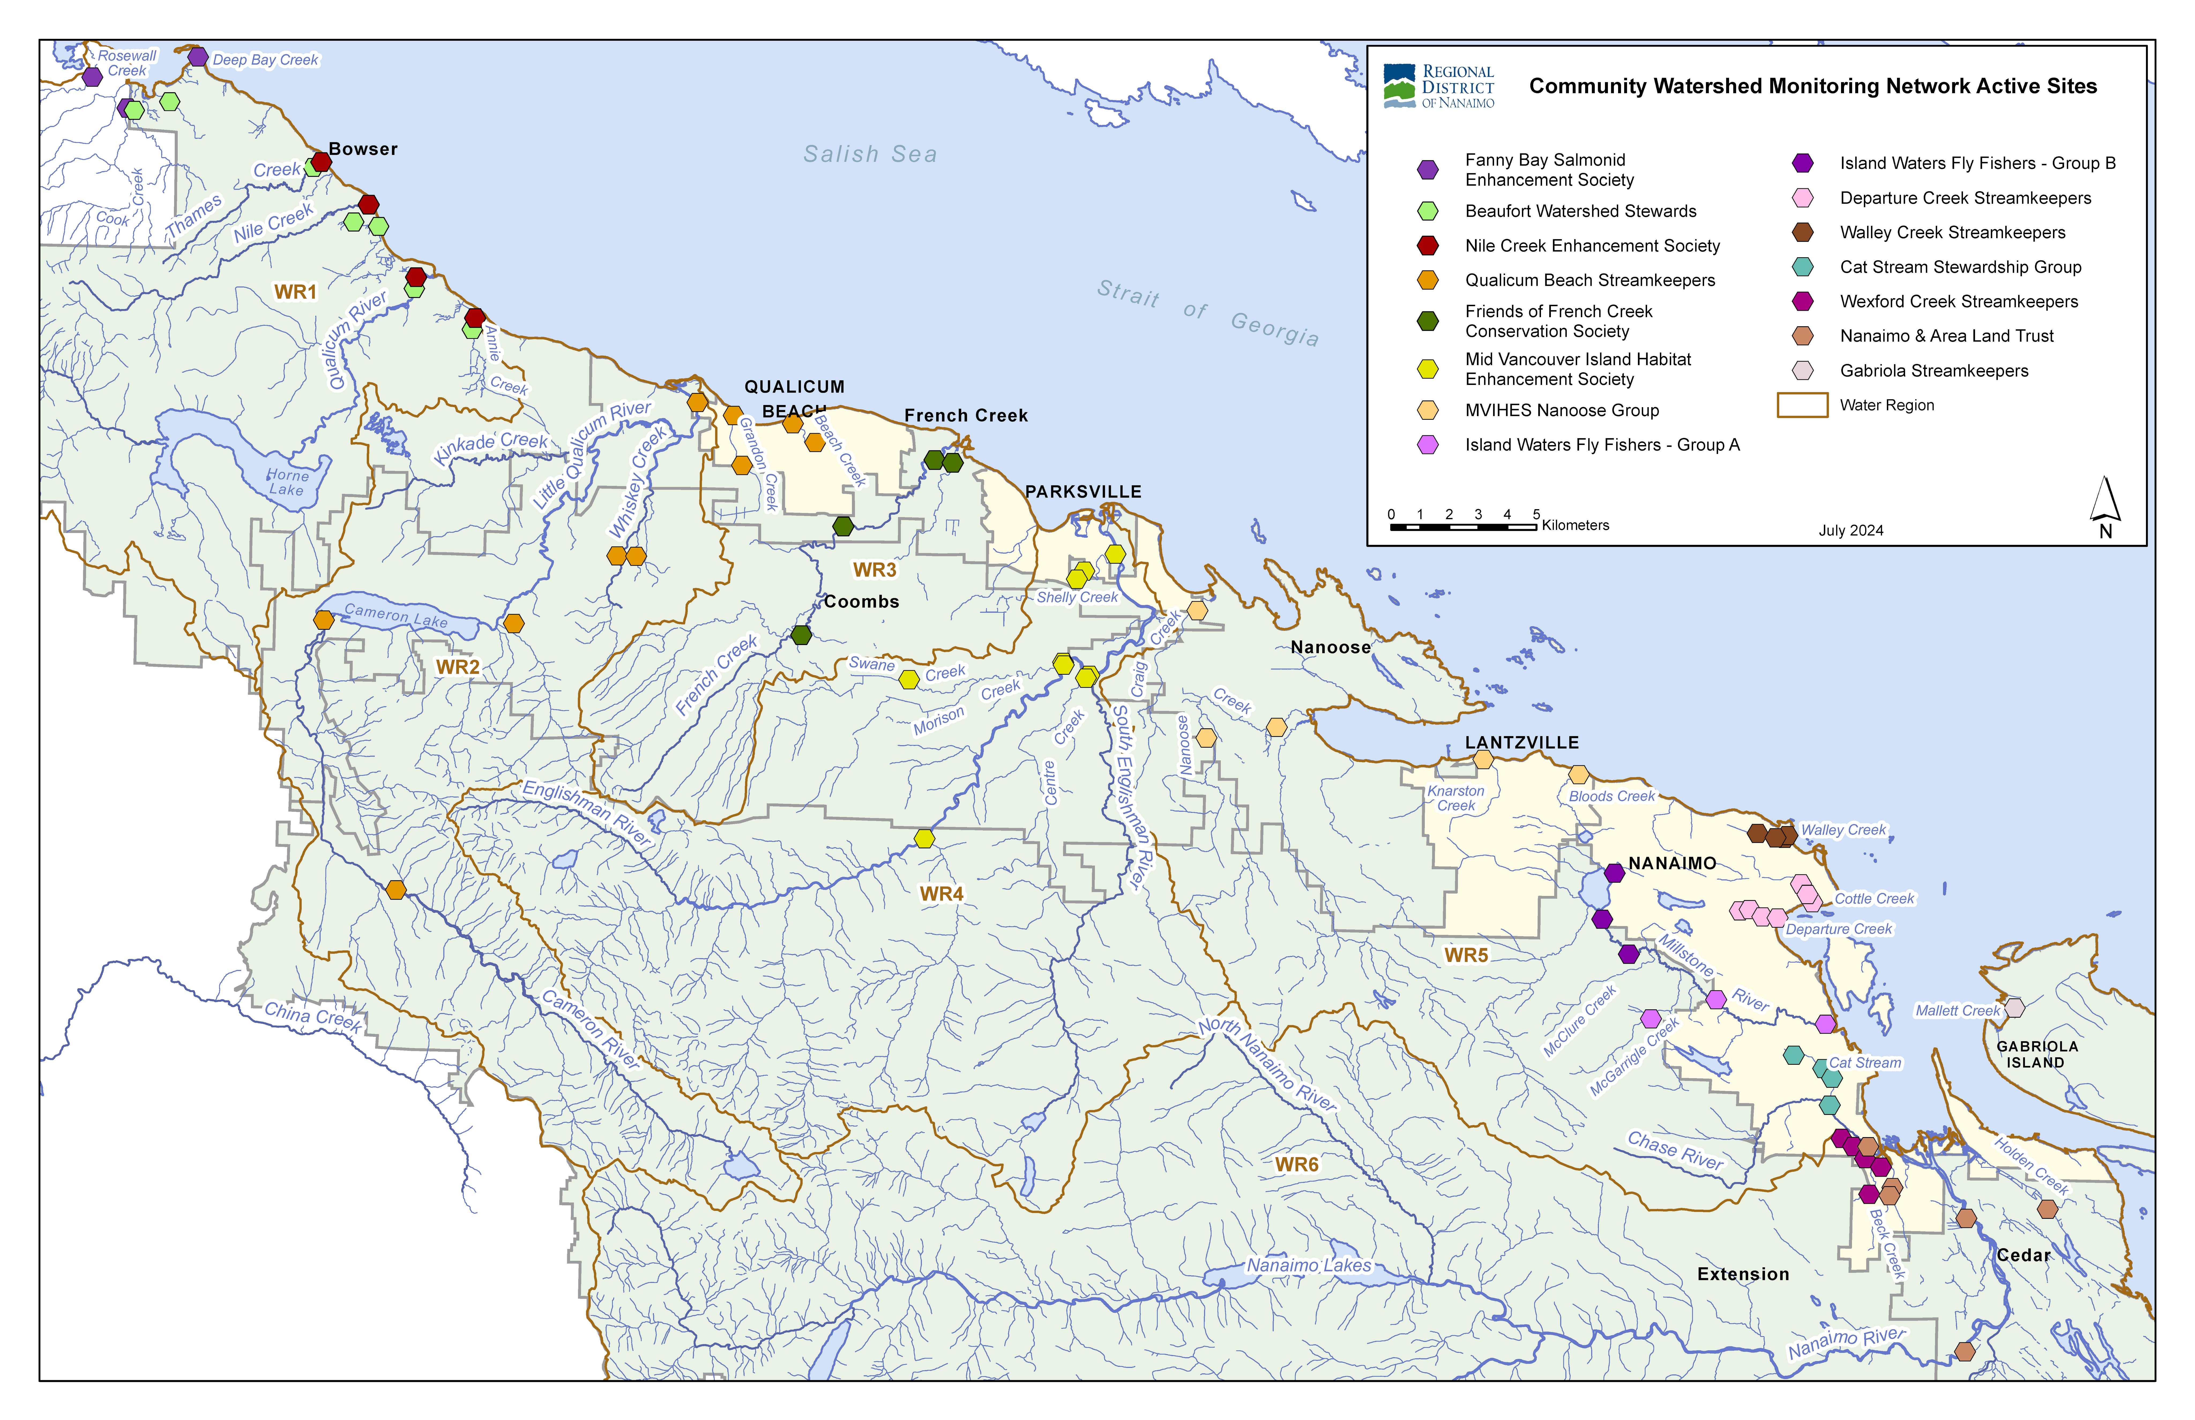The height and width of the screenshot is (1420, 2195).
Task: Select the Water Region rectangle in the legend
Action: pos(1802,405)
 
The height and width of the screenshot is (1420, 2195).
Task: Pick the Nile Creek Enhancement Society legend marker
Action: pos(1428,245)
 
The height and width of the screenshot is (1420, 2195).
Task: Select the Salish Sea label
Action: pos(870,154)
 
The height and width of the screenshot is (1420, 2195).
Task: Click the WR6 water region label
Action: pos(1297,1165)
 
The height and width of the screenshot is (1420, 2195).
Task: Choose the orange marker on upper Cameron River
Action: pos(396,890)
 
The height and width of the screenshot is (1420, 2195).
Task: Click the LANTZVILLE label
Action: pos(1522,742)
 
